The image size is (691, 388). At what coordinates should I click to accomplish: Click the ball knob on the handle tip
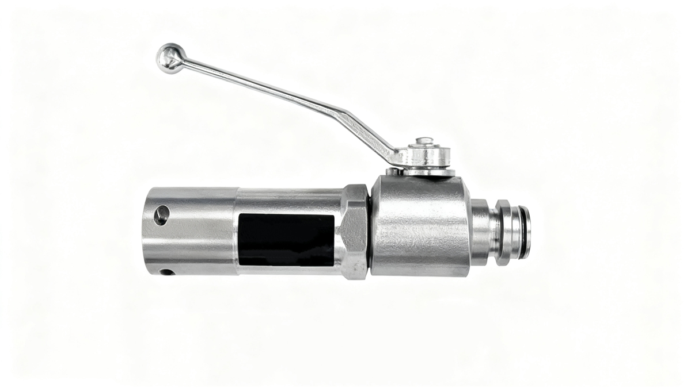(169, 57)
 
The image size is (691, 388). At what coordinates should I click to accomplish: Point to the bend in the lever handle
(345, 117)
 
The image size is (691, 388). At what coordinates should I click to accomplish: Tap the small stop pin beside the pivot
(392, 171)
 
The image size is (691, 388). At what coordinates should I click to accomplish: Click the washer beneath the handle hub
(429, 171)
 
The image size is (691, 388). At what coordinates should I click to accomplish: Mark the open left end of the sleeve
(145, 230)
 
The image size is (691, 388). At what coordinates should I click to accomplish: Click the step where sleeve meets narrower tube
(237, 230)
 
